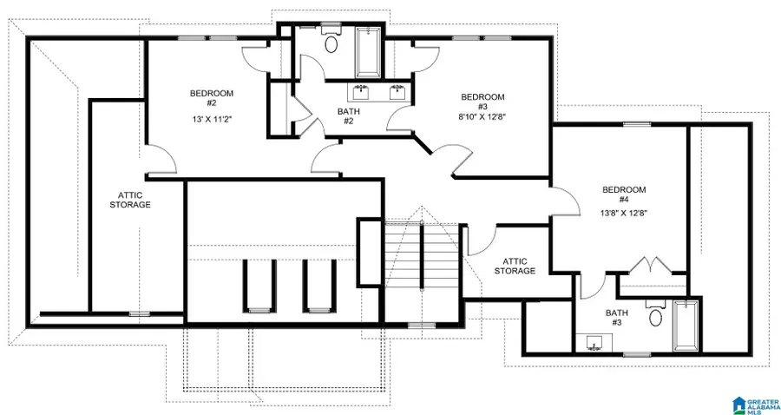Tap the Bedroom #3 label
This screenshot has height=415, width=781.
pyautogui.click(x=482, y=102)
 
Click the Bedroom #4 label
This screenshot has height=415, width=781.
pyautogui.click(x=624, y=194)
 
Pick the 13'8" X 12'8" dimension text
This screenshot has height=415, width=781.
pyautogui.click(x=624, y=212)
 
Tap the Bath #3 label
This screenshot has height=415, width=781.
pyautogui.click(x=615, y=318)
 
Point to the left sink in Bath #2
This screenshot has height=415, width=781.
pyautogui.click(x=359, y=92)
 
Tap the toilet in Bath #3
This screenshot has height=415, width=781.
pyautogui.click(x=656, y=317)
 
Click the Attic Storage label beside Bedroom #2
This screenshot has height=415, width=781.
pyautogui.click(x=130, y=200)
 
